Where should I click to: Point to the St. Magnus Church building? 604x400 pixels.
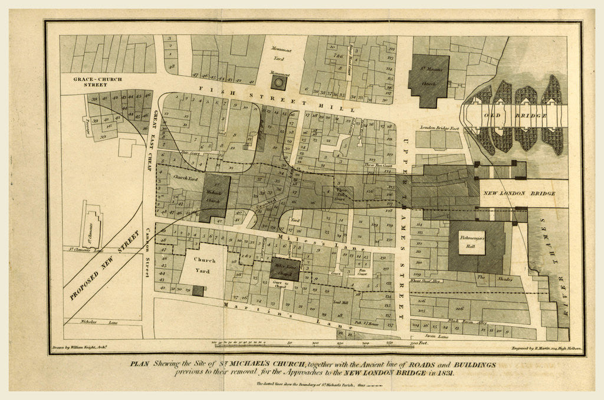pyautogui.click(x=429, y=79)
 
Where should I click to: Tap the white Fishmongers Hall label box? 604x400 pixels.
pyautogui.click(x=472, y=242)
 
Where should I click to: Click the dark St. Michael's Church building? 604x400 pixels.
pyautogui.click(x=214, y=198)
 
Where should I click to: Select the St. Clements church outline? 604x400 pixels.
pyautogui.click(x=93, y=225)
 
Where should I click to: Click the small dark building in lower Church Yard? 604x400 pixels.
pyautogui.click(x=198, y=291)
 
